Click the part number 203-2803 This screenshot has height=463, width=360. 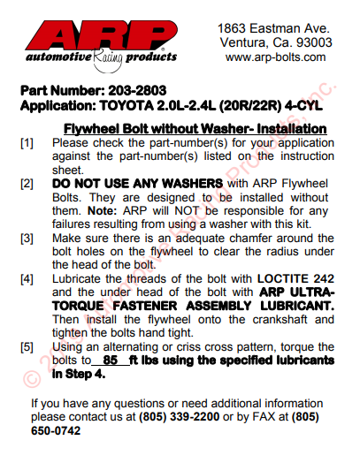point(140,90)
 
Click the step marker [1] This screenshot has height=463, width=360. point(27,141)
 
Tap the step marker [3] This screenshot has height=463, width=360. point(27,239)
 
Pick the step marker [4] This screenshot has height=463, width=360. point(27,280)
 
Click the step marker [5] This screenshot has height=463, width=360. point(27,348)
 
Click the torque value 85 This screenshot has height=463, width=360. point(110,361)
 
